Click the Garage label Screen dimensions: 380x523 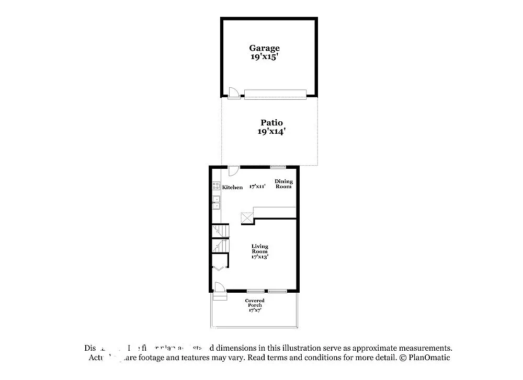264,48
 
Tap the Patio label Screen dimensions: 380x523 271,123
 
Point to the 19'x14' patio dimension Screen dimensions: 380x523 271,132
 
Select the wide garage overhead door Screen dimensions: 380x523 275,94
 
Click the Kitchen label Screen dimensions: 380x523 232,187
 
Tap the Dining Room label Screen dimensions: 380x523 284,184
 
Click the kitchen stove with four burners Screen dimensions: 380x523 215,185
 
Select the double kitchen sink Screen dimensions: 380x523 215,202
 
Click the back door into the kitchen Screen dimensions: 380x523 234,171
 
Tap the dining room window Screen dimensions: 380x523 278,167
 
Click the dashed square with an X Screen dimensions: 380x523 246,218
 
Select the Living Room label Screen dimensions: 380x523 260,249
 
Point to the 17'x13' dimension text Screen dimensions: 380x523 260,257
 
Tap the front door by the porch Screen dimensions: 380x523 219,288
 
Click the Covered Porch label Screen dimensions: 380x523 255,303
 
